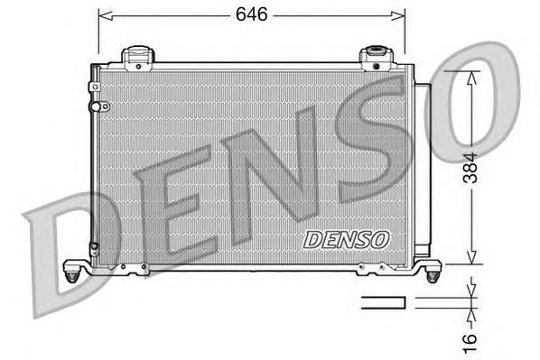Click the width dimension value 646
click(250, 14)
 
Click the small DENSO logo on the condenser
click(346, 239)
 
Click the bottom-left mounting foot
click(74, 268)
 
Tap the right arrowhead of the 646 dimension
click(399, 15)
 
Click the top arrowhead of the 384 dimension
click(470, 77)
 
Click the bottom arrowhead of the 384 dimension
click(470, 258)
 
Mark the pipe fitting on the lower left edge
click(94, 246)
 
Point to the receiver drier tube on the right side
click(421, 171)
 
